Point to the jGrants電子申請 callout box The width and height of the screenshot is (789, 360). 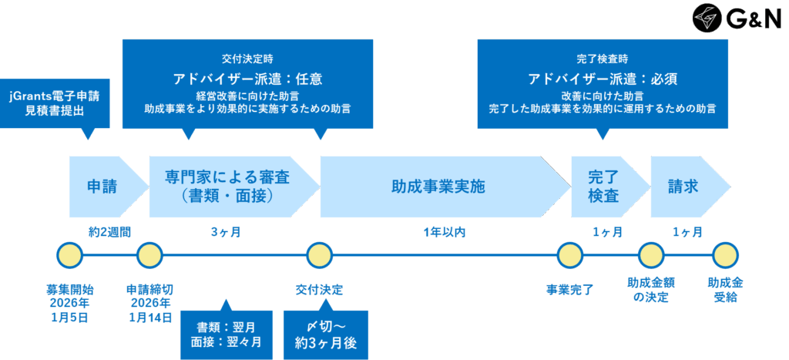coord(55,103)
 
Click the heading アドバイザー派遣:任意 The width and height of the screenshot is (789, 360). coord(247,79)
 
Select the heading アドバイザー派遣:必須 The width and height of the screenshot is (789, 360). coord(603,79)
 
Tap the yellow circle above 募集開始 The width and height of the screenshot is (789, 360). coord(69,254)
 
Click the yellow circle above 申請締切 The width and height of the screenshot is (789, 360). coord(149,254)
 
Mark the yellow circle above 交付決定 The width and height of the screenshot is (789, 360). coord(319,254)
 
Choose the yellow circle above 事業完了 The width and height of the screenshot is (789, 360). coord(569,254)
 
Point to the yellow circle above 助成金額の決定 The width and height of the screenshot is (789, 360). coord(651,254)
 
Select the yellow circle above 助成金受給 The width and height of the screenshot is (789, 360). coord(725,254)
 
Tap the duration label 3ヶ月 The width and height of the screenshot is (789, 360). coord(225,231)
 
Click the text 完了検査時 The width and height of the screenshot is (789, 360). coord(603,59)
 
